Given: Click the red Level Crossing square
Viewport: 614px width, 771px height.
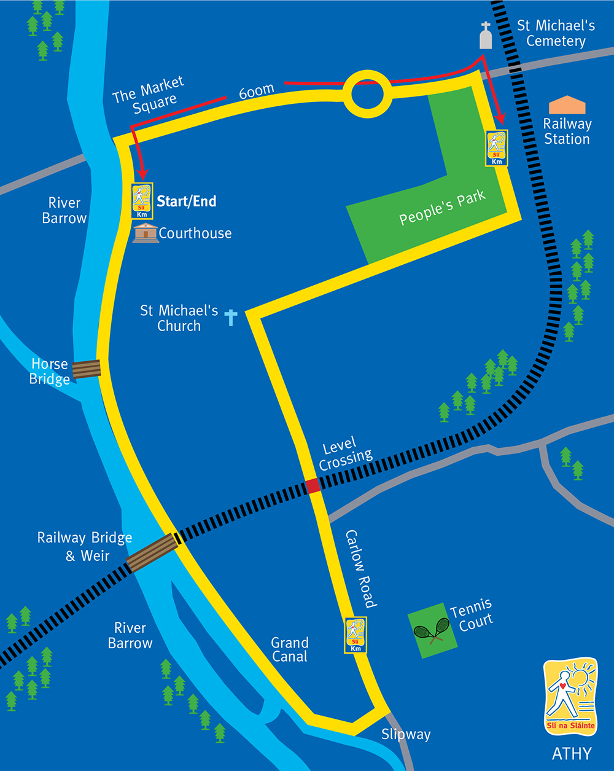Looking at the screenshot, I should click(x=313, y=486).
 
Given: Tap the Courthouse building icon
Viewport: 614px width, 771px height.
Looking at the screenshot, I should click(x=146, y=233).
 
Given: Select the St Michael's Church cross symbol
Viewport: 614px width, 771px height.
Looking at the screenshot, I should click(x=231, y=317).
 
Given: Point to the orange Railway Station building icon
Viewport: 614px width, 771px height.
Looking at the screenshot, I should click(x=567, y=106).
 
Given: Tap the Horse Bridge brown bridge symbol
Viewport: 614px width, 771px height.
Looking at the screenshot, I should click(x=87, y=369).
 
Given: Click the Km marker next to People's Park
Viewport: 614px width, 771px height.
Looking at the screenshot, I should click(x=497, y=148).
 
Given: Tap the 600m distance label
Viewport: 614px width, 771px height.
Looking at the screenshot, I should click(x=256, y=92).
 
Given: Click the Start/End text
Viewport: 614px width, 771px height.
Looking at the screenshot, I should click(x=187, y=201).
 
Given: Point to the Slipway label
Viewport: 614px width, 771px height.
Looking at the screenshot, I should click(x=406, y=734).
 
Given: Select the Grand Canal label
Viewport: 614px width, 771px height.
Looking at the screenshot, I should click(x=290, y=649).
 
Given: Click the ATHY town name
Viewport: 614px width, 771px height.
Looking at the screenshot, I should click(x=572, y=754).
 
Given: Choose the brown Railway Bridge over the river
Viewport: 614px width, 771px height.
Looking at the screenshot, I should click(x=152, y=553).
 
